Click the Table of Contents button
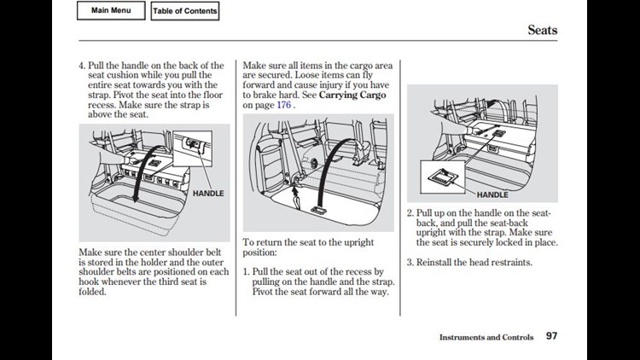pyautogui.click(x=184, y=11)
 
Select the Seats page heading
pyautogui.click(x=542, y=30)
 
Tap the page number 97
pyautogui.click(x=551, y=336)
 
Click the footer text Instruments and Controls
pyautogui.click(x=486, y=337)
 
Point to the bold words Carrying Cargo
pyautogui.click(x=352, y=95)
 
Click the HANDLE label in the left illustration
pyautogui.click(x=207, y=194)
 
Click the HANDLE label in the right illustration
pyautogui.click(x=492, y=195)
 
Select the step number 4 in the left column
pyautogui.click(x=82, y=66)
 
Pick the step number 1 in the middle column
pyautogui.click(x=246, y=272)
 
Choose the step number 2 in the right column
pyautogui.click(x=410, y=213)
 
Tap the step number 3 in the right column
pyautogui.click(x=410, y=262)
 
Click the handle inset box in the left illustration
pyautogui.click(x=194, y=146)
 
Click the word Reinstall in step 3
pyautogui.click(x=437, y=262)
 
